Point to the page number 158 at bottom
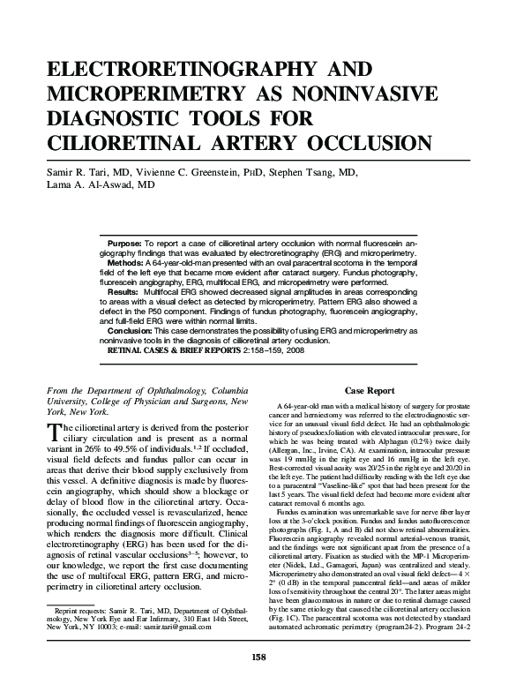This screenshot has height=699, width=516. (x=258, y=680)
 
